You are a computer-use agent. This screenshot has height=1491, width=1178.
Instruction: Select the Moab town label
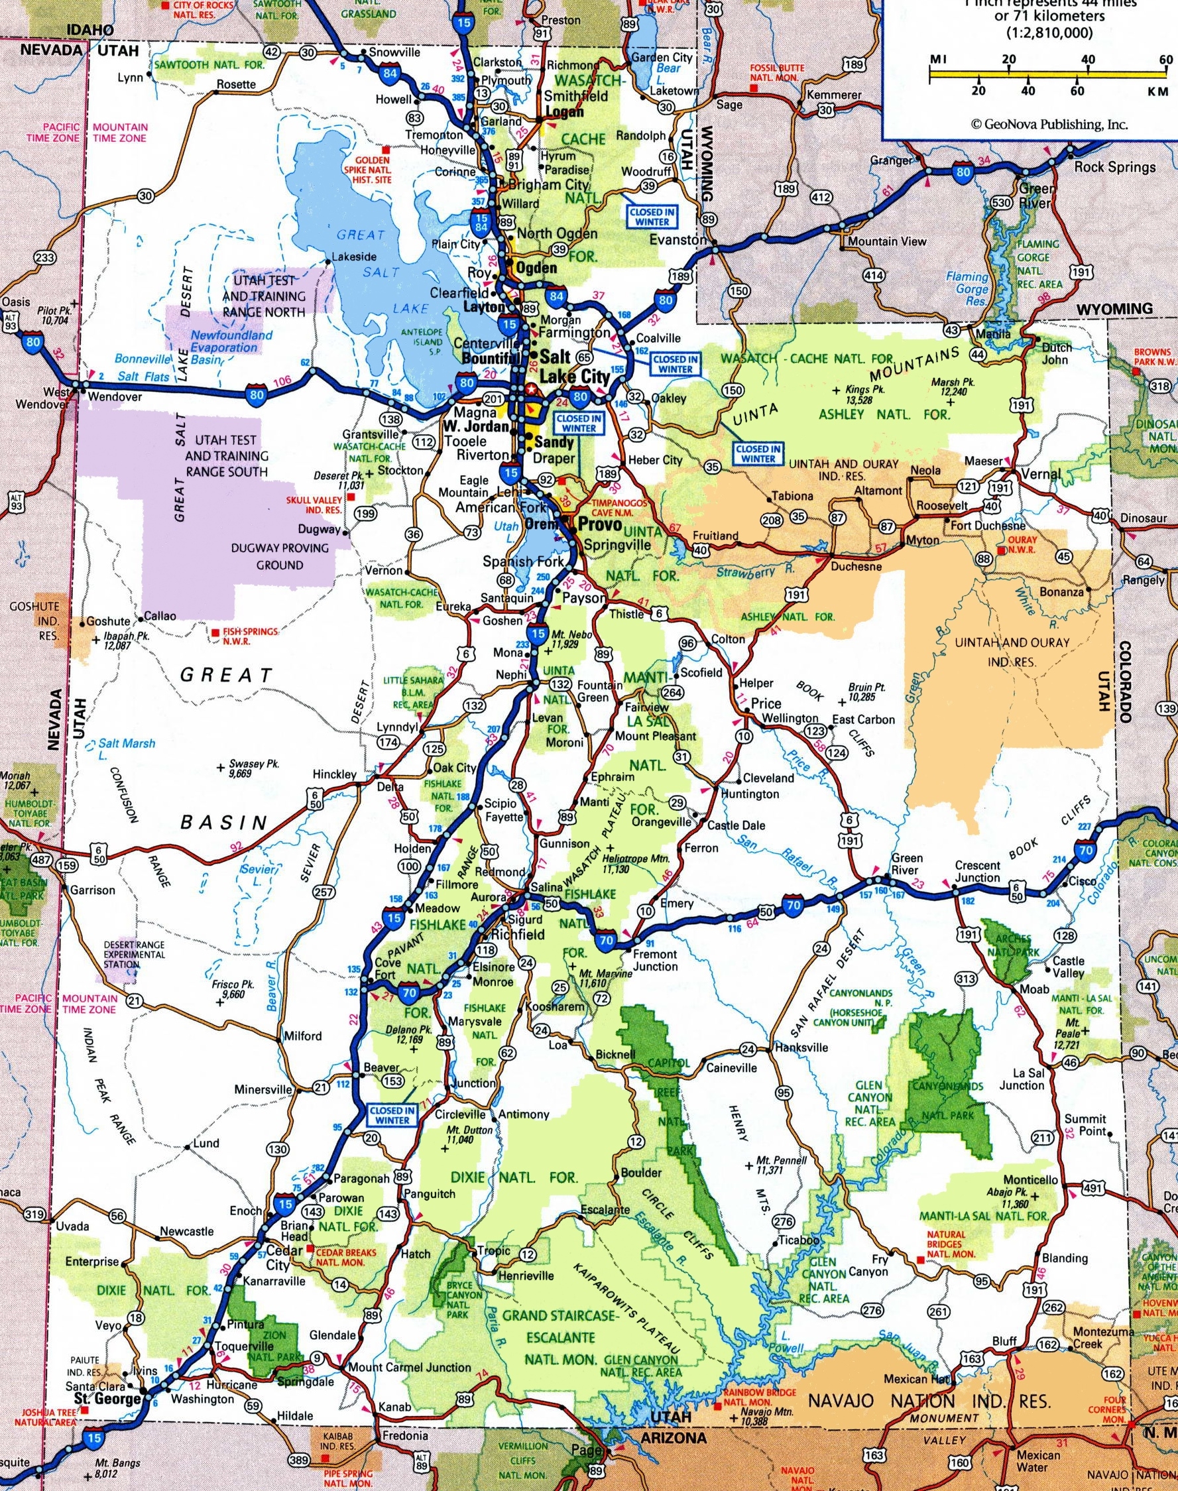coord(1035,990)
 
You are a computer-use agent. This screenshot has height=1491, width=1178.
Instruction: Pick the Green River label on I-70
coord(907,864)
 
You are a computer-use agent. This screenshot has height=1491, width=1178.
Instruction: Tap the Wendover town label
coord(115,397)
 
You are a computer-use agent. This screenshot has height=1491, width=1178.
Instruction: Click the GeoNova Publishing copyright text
coord(1049,124)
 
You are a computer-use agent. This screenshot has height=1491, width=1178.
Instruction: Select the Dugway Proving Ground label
coord(280,556)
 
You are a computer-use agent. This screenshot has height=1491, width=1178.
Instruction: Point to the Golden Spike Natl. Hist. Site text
coord(373,170)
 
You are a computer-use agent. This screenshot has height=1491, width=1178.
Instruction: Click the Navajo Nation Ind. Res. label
coord(929,1382)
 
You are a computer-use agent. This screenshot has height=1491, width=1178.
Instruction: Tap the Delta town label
coord(390,786)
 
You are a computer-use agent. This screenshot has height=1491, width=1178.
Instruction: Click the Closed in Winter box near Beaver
coord(392,1115)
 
